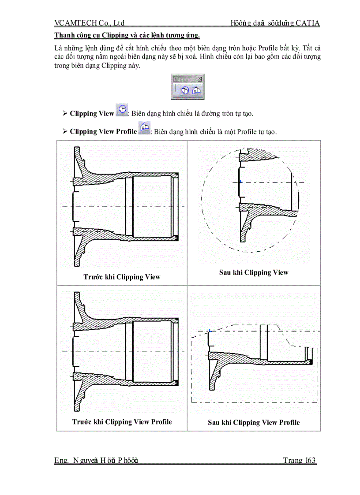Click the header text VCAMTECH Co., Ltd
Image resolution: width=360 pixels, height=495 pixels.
tap(90, 23)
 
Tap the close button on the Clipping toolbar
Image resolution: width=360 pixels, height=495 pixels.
tap(200, 79)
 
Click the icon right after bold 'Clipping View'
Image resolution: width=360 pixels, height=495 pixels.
tap(122, 110)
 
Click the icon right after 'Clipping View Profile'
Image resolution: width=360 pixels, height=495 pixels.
tap(144, 128)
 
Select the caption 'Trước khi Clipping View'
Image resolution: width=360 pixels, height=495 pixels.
tap(122, 277)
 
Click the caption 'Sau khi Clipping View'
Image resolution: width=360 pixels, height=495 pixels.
tap(254, 272)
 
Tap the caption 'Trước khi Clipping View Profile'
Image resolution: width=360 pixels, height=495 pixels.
tap(122, 422)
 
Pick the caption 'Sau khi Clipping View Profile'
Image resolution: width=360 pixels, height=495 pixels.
tap(254, 422)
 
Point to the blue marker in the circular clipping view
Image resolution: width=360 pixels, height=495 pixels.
tap(240, 182)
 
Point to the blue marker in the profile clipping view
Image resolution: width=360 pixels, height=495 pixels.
tap(210, 331)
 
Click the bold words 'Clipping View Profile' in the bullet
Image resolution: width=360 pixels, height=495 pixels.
tap(103, 131)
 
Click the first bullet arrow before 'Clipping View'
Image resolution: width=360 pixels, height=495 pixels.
tap(65, 114)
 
